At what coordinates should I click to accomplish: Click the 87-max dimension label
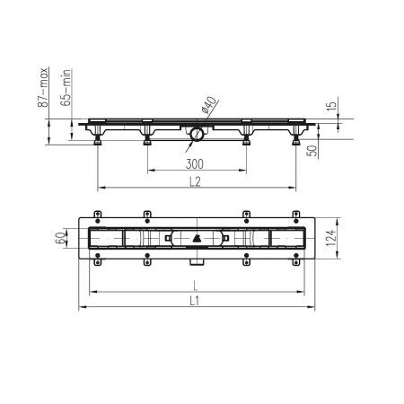point(43,87)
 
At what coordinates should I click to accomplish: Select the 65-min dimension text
point(66,87)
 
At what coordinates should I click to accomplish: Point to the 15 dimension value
point(332,106)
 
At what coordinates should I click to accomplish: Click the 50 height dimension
point(312,151)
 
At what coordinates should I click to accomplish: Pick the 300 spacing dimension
point(195,164)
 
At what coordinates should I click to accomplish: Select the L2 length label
point(195,181)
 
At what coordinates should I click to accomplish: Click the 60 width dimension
point(60,238)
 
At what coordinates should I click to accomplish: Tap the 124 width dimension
point(331,238)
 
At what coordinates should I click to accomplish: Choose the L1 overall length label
point(195,301)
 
